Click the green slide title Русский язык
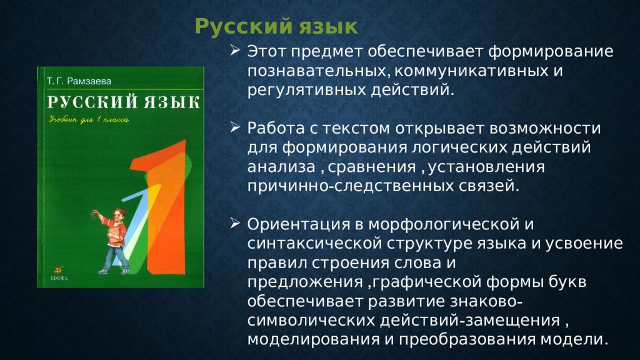coord(276,27)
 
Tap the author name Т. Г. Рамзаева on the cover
coord(79,81)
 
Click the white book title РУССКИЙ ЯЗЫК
coord(123,102)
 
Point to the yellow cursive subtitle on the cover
coord(89,119)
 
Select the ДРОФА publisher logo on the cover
coord(59,274)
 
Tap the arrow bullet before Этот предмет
coord(235,50)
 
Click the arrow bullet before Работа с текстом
coord(235,127)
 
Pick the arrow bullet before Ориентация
coord(235,223)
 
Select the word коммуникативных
coord(471,71)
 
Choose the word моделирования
coord(312,339)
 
